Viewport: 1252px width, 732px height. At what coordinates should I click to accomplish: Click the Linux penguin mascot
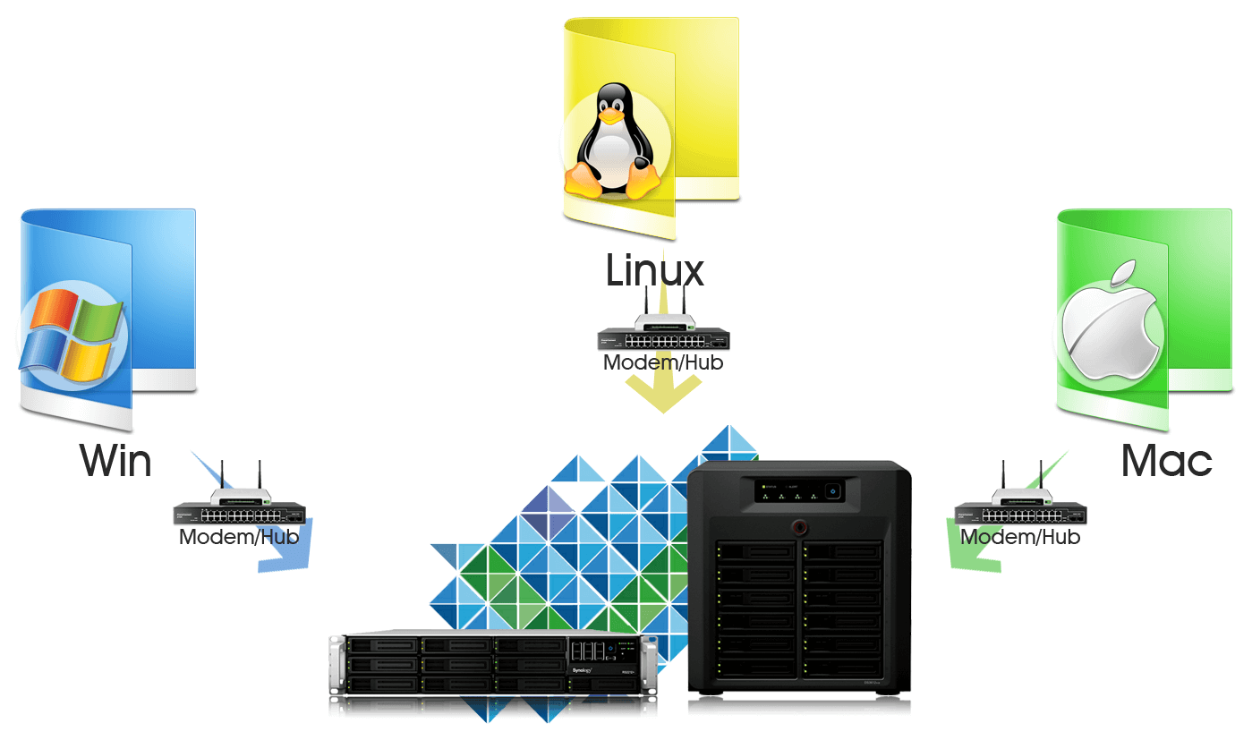(x=611, y=143)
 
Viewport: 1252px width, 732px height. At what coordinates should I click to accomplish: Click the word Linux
(x=655, y=270)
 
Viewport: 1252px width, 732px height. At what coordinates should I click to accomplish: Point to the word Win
(x=115, y=461)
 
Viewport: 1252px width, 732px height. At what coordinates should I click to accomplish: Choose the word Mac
(x=1166, y=461)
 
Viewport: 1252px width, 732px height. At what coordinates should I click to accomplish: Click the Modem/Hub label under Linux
(x=663, y=363)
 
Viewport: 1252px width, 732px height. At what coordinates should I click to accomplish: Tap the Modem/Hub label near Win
(x=239, y=537)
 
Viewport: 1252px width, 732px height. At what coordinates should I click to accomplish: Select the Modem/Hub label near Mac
(x=1020, y=537)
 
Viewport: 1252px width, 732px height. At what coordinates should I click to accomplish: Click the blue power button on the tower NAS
(x=831, y=490)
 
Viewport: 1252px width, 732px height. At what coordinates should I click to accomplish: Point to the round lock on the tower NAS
(x=798, y=527)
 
